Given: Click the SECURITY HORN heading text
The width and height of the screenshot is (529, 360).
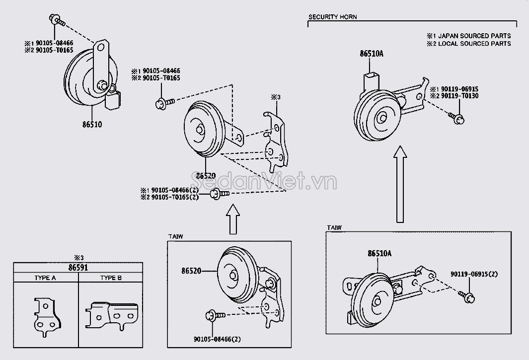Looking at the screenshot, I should click(332, 17).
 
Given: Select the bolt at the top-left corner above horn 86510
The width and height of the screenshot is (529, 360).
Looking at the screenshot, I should click(56, 20).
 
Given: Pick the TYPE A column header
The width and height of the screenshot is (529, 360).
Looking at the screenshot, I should click(46, 278).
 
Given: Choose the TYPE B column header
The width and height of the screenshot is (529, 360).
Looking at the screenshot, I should click(111, 278).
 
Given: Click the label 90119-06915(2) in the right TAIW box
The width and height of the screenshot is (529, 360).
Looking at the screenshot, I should click(474, 274).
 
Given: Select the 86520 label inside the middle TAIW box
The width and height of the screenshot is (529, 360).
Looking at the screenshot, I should click(192, 271).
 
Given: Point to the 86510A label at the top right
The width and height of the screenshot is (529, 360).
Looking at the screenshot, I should click(372, 55).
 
